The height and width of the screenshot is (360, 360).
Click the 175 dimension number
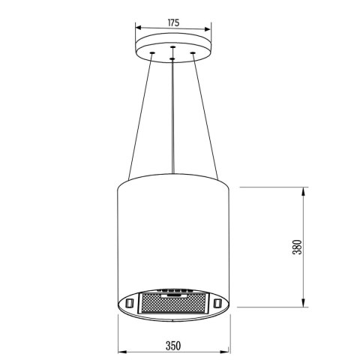[172, 23]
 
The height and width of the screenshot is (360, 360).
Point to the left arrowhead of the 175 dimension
[138, 31]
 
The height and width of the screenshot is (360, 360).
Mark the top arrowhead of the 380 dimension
[304, 188]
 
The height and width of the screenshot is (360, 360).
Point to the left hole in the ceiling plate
[153, 53]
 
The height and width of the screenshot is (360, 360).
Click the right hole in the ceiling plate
[193, 53]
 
